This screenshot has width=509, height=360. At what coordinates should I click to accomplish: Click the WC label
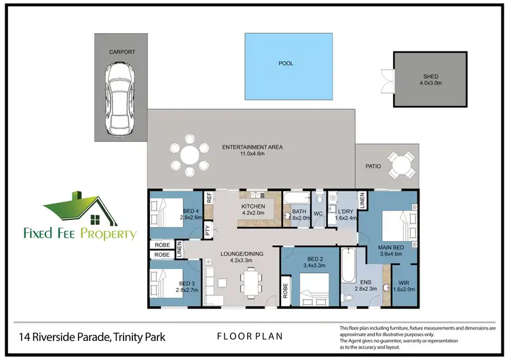tap(318, 214)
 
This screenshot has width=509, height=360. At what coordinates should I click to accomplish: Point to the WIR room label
tap(403, 283)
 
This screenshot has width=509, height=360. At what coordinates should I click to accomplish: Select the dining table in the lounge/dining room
tap(253, 280)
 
